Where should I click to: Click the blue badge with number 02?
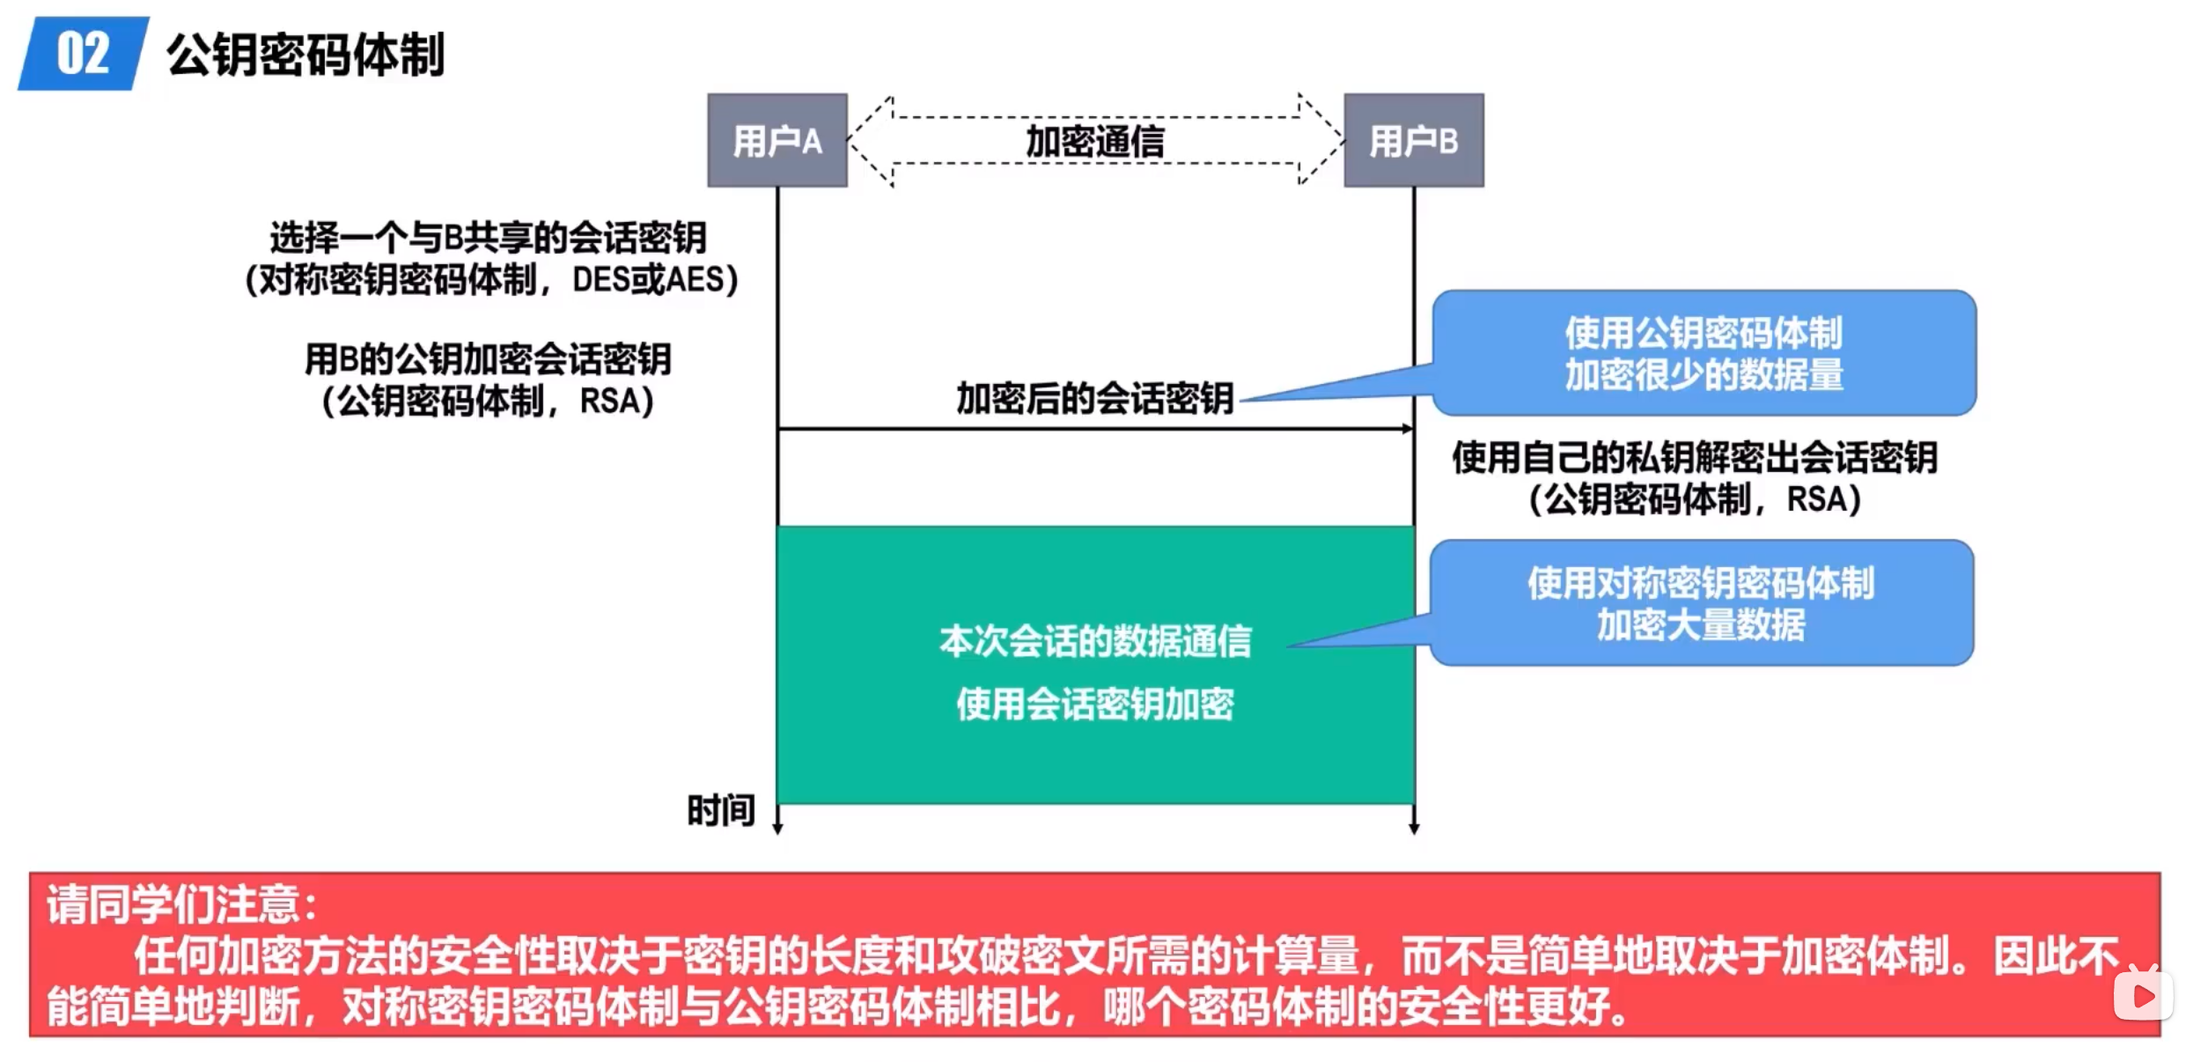(x=83, y=54)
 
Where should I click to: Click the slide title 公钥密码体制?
(x=305, y=55)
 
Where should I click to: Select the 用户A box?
(x=776, y=140)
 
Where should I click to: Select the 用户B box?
(x=1413, y=140)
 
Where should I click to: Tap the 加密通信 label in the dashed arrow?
(x=1095, y=141)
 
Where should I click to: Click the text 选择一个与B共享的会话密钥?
(x=489, y=238)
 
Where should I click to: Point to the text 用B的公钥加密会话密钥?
(x=488, y=359)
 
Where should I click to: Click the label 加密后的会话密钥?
(x=1095, y=398)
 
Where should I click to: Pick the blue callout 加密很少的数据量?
(x=1704, y=353)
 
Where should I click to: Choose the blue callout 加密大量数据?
(x=1701, y=603)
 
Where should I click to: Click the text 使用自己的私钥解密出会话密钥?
(x=1695, y=458)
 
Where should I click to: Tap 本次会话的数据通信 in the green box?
(x=1095, y=641)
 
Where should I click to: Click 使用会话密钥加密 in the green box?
(x=1095, y=704)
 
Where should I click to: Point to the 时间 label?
(x=721, y=810)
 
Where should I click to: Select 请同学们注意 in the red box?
(x=181, y=904)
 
